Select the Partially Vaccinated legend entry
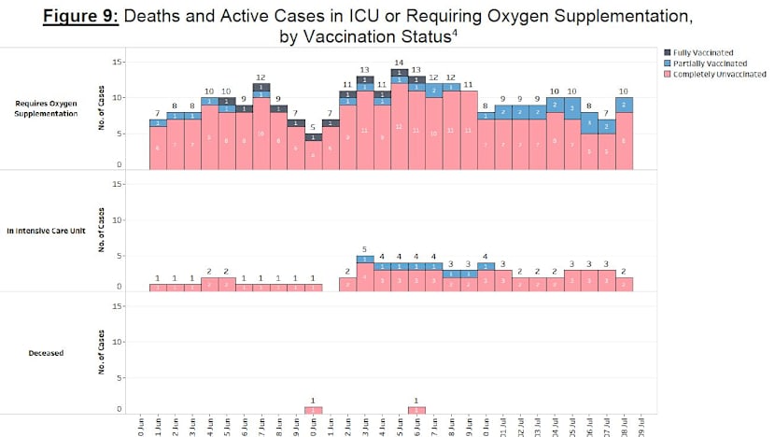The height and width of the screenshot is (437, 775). pos(709,63)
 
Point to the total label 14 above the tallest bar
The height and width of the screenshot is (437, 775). pos(399,63)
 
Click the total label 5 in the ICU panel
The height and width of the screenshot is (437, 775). pos(365,249)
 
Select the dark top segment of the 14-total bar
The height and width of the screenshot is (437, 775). pos(399,72)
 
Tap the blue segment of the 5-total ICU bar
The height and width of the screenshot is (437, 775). pos(365,259)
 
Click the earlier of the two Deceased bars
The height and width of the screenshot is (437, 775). pos(314,410)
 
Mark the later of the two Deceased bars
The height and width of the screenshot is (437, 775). pos(416,410)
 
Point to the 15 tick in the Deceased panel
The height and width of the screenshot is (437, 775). pos(117,306)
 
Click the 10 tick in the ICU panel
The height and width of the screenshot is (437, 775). pos(117,219)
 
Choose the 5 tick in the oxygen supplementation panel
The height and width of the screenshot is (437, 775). pos(118,134)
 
